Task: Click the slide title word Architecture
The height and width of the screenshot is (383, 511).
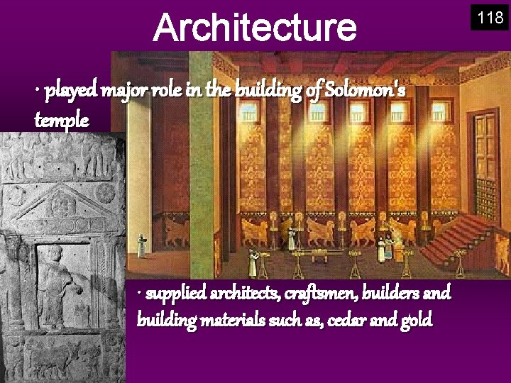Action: point(255,26)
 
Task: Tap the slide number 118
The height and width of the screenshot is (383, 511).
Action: point(490,18)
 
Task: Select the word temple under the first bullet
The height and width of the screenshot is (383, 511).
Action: point(62,120)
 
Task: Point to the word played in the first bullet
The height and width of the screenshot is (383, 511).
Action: point(70,91)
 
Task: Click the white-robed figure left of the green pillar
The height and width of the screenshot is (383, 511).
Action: point(142,245)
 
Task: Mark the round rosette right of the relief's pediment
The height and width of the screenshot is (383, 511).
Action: point(106,193)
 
